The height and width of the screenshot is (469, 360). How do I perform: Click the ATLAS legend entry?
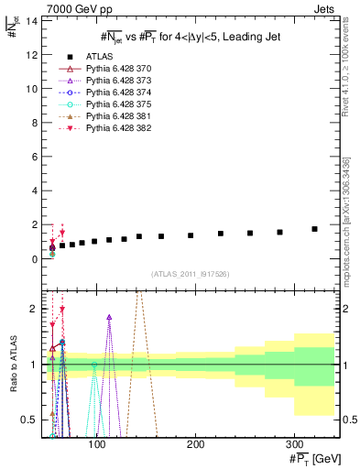(x=98, y=57)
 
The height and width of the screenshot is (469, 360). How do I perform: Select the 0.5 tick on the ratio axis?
(x=28, y=420)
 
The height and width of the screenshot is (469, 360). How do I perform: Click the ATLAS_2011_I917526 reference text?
(x=191, y=274)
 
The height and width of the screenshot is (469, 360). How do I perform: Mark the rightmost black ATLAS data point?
(x=314, y=229)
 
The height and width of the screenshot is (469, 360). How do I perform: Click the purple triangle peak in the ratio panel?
(x=109, y=318)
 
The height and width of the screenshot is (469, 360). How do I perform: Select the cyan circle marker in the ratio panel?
(x=93, y=365)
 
